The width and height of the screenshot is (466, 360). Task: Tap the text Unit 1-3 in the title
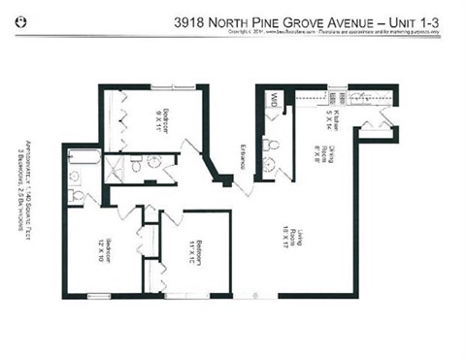coord(420,18)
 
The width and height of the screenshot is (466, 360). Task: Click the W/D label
coord(275,99)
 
